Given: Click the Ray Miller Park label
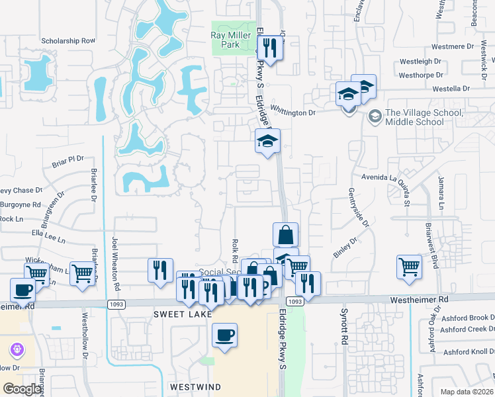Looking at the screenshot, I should (x=225, y=40).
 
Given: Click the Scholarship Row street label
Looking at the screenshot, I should (x=69, y=40).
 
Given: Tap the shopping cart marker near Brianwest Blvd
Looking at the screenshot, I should (x=410, y=267).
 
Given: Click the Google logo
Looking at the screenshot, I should (x=22, y=389).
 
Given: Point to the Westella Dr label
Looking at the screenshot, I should (x=451, y=88).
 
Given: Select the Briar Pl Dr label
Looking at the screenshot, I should (x=67, y=160).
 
